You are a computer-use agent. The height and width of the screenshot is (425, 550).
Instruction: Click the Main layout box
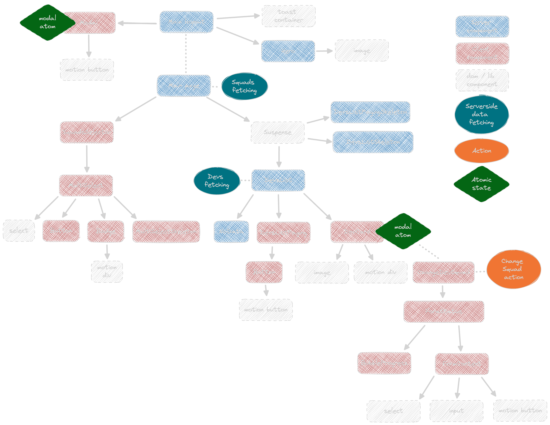[x=186, y=22]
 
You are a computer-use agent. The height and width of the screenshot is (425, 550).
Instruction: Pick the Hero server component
[x=288, y=51]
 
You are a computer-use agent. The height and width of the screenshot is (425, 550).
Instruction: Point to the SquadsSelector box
[x=87, y=132]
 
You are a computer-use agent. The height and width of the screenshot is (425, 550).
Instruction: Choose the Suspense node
[x=278, y=132]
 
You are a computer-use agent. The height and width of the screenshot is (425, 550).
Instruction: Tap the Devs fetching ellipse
[x=217, y=181]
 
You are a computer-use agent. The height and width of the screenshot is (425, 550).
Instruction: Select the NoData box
[x=231, y=232]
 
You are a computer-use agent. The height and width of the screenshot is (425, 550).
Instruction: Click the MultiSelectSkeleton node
[x=166, y=232]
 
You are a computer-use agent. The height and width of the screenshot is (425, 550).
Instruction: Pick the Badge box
[x=106, y=231]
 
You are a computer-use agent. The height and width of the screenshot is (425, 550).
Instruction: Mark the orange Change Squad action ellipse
[x=513, y=269]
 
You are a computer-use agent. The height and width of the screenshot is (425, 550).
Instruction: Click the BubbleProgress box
[x=384, y=363]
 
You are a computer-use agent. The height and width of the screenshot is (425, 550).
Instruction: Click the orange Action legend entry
[x=481, y=151]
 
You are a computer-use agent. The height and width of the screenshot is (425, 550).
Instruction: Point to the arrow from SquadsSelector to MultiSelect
[x=87, y=159]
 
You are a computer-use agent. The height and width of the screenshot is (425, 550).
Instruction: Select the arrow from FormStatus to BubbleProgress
[x=414, y=337]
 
